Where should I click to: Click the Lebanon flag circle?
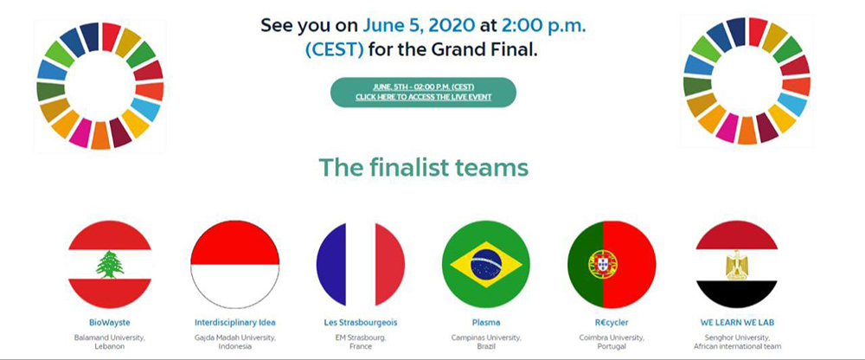[x=109, y=265]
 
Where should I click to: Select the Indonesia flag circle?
[x=235, y=265]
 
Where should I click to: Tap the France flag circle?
[x=361, y=265]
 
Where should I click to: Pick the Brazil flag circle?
[x=486, y=265]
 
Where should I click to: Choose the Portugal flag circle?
[x=612, y=265]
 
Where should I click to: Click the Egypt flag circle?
[x=737, y=265]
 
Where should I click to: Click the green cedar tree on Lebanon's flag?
[x=110, y=264]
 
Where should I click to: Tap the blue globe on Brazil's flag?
[x=486, y=265]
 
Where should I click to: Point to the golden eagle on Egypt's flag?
[x=737, y=265]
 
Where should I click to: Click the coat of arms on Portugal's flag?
[x=602, y=264]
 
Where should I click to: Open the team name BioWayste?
[x=109, y=323]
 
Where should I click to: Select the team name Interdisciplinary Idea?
[x=235, y=323]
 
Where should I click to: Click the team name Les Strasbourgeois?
[x=361, y=323]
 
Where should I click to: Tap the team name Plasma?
[x=486, y=323]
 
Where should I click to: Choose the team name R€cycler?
[x=612, y=323]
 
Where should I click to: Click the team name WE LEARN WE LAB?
[x=737, y=323]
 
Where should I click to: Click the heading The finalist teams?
[x=424, y=167]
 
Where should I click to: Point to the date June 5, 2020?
[x=419, y=25]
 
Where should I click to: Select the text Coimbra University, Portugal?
[x=612, y=342]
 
